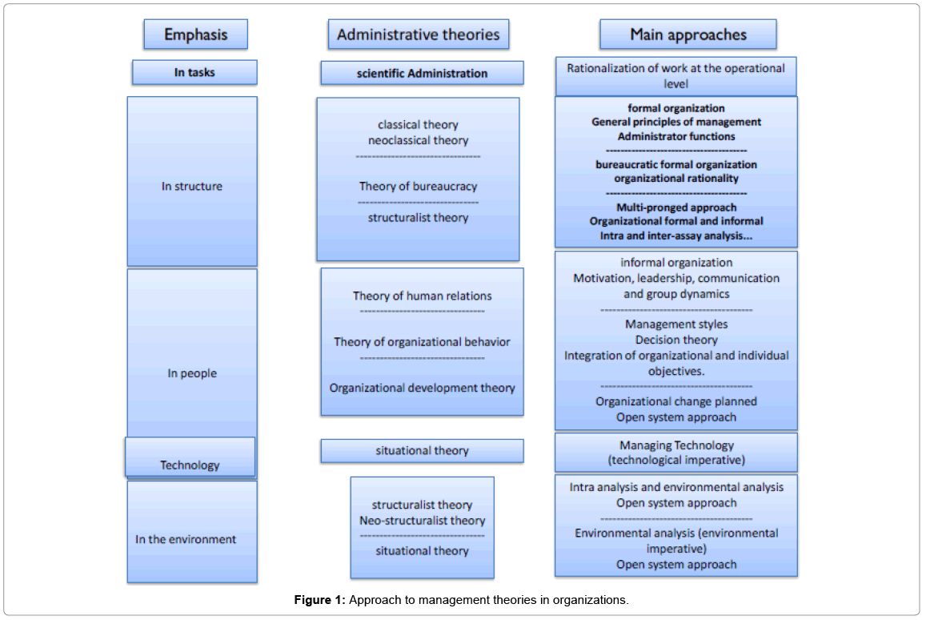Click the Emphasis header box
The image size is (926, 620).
(195, 34)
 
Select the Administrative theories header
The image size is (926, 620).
(418, 34)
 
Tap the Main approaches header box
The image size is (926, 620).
(687, 34)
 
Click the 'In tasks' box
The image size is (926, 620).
(194, 73)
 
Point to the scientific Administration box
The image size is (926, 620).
(422, 74)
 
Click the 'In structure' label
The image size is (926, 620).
(192, 187)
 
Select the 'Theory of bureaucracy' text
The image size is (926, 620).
(418, 187)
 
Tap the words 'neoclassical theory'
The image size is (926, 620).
(418, 140)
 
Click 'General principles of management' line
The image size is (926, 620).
(676, 122)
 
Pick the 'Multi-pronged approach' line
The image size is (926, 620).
(676, 207)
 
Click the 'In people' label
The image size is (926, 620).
(192, 373)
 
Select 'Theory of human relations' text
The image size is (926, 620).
(423, 296)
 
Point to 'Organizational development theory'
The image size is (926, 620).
(423, 388)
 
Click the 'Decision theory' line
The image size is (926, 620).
(676, 340)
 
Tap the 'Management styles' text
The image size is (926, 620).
(676, 324)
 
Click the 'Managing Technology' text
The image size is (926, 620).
(676, 445)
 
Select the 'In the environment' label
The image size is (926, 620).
(186, 539)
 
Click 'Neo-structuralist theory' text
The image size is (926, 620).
(423, 521)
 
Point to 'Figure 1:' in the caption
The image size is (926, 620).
(320, 600)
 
